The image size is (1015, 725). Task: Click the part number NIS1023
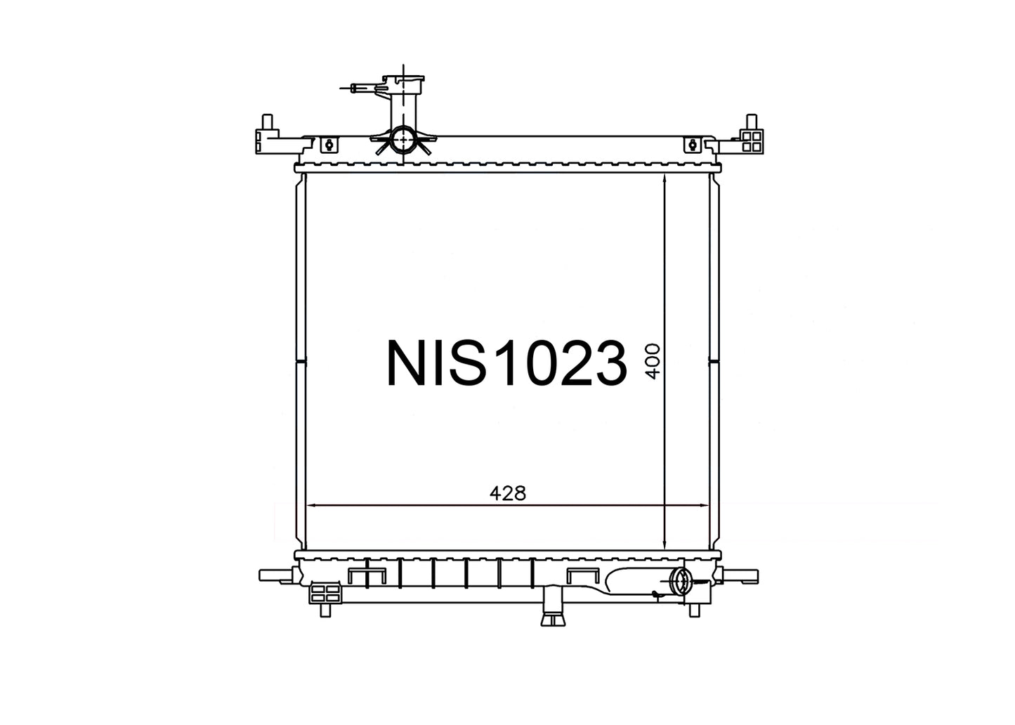click(x=506, y=364)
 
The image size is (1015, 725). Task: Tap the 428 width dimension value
click(x=507, y=493)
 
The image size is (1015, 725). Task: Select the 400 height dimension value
click(x=653, y=361)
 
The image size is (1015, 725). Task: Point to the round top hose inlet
click(x=403, y=140)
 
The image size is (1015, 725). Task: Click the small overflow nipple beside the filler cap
click(x=361, y=87)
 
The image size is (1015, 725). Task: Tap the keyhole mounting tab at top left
click(x=330, y=145)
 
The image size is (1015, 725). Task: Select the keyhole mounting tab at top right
click(x=692, y=145)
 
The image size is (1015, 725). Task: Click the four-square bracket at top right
click(x=752, y=141)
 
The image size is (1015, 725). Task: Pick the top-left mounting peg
click(x=268, y=122)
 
